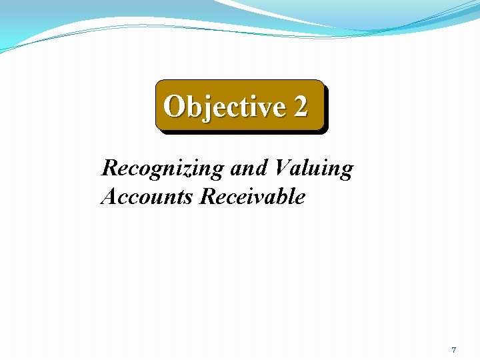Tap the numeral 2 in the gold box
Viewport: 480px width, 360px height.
(300, 107)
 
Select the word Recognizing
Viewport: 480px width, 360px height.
(163, 168)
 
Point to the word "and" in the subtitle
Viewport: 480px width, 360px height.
(248, 168)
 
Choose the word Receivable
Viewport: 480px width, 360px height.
(253, 197)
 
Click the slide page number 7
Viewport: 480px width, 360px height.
(453, 350)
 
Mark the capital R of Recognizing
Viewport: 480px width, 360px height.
(109, 168)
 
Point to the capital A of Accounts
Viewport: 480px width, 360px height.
(108, 197)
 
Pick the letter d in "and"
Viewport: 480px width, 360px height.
(260, 168)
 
